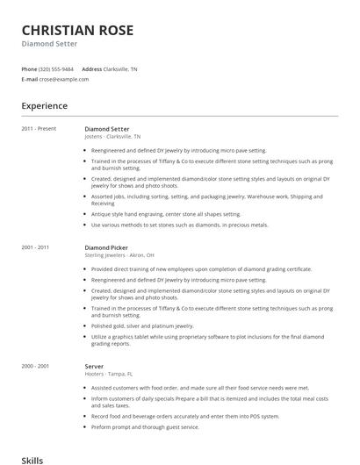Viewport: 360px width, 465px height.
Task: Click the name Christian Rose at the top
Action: [x=77, y=31]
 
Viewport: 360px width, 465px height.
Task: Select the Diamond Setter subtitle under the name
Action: [x=49, y=44]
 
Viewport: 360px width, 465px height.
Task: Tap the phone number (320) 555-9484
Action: [x=57, y=68]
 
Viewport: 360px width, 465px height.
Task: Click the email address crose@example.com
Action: [x=64, y=79]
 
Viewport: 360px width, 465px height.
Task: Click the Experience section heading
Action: [x=45, y=106]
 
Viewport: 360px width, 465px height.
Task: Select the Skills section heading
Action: [x=32, y=459]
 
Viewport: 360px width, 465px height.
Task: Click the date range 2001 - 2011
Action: [x=35, y=247]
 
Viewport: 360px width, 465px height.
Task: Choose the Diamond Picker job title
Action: [x=106, y=247]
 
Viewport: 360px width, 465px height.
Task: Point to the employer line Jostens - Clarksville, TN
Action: [x=112, y=137]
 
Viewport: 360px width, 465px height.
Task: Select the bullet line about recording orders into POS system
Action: [x=173, y=416]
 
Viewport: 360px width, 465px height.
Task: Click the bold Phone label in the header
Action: [x=29, y=68]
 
